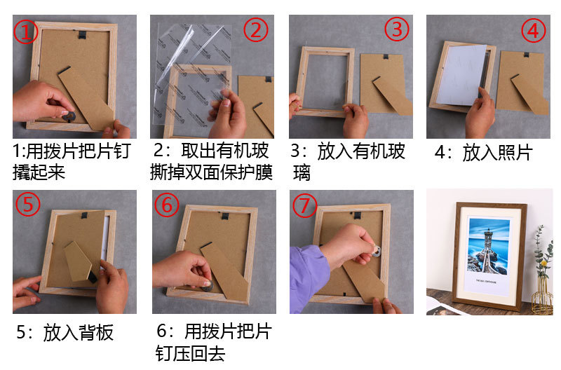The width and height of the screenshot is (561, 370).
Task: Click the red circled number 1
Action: coord(26,32)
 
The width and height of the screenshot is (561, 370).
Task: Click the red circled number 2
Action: coord(256,30)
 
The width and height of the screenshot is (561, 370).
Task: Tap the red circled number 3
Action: coord(397,29)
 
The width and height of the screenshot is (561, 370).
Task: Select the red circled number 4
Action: coord(533,31)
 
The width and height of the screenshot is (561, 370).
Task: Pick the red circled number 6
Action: coord(167,205)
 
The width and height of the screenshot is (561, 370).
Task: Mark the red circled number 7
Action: coord(305,205)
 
